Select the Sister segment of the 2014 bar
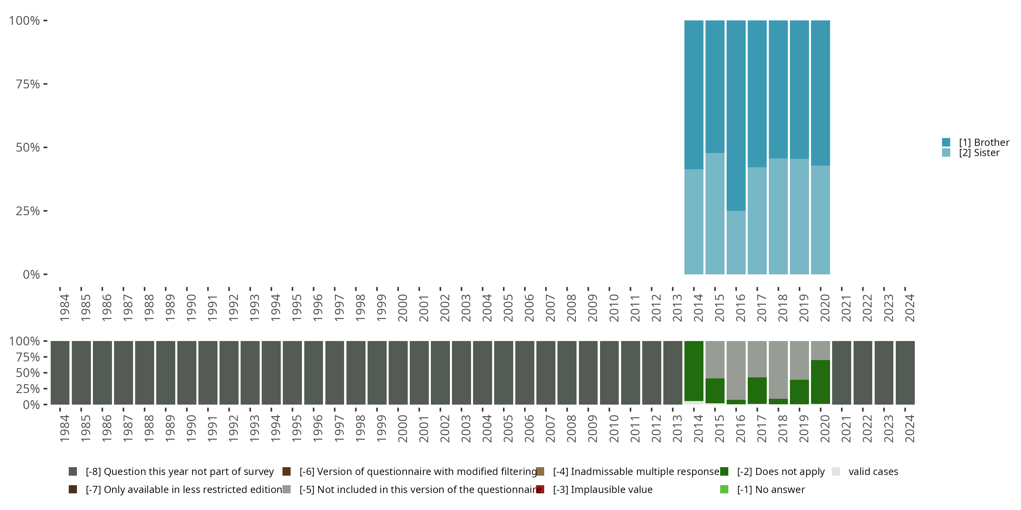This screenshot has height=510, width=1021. (x=694, y=222)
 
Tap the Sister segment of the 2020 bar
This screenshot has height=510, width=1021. (x=820, y=220)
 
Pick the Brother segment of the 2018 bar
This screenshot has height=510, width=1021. (x=778, y=89)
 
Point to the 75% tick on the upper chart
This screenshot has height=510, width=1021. (x=45, y=84)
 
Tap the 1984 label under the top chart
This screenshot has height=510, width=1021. (x=65, y=308)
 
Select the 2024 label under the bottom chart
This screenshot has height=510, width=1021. (x=910, y=429)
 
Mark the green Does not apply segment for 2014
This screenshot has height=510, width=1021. (x=694, y=371)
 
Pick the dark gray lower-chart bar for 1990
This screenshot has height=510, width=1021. (x=187, y=373)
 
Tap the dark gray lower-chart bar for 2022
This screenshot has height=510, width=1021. (x=862, y=373)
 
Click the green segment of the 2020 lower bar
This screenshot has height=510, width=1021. (x=820, y=382)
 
